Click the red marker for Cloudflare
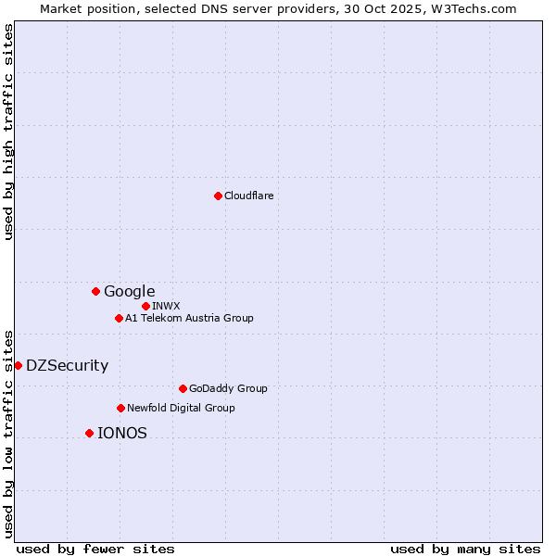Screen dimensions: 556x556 218,196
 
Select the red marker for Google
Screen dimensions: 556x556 95,291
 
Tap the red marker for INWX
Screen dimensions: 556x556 145,306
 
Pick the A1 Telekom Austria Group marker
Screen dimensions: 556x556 119,318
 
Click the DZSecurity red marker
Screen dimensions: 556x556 18,365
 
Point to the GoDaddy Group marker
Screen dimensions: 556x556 183,388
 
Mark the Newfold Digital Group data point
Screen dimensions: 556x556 120,408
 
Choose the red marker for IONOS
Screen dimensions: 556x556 89,433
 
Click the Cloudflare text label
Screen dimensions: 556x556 248,196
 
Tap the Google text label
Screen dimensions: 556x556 129,291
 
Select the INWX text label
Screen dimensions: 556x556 166,306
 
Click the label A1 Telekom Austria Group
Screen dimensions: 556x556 189,318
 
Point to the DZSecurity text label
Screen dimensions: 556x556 67,365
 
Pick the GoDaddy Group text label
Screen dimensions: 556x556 227,388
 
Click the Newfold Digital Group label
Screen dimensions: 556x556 181,408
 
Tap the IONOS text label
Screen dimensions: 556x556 121,433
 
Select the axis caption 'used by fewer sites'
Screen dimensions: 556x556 95,549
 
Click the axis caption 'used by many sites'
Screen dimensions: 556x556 465,549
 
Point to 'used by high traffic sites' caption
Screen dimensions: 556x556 8,132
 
